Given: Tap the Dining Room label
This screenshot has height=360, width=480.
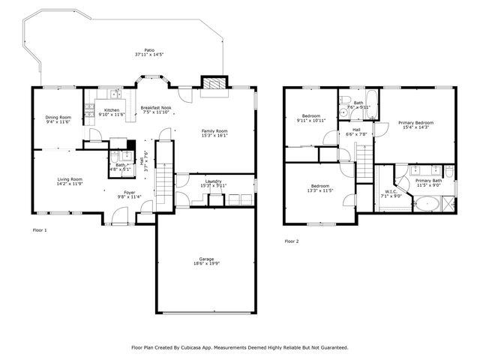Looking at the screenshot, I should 58,117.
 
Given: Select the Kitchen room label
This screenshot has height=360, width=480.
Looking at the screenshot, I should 112,110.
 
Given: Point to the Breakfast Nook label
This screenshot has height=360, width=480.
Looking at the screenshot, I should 155,108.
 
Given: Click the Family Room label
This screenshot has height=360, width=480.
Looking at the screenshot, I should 214,131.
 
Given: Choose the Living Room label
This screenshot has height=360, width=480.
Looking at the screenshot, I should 70,179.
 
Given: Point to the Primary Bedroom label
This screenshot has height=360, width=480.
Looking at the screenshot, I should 415,122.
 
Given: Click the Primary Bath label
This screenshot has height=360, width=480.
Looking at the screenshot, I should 428,181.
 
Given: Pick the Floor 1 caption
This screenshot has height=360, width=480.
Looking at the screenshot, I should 40,230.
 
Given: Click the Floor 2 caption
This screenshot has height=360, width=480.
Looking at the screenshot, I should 291,241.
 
